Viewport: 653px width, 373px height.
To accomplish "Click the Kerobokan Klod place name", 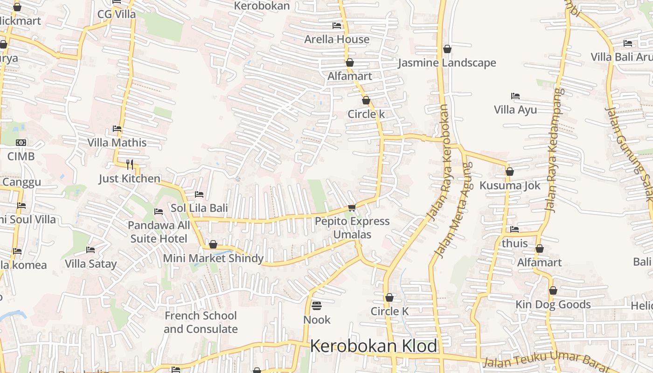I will coord(373,346).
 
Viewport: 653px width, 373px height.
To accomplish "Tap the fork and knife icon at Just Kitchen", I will coord(130,164).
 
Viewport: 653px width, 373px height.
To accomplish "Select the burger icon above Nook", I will coord(317,306).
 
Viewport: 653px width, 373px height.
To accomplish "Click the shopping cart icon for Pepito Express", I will coord(352,207).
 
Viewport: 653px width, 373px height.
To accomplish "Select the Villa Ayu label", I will coord(515,110).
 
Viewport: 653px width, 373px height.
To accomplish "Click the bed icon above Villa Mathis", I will coord(117,129).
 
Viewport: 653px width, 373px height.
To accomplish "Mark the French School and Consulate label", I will coord(201,322).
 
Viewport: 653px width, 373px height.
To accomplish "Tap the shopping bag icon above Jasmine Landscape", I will coord(447,49).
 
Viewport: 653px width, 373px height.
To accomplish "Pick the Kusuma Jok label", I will coord(510,186).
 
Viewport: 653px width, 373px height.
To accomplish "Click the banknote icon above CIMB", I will coord(21,143).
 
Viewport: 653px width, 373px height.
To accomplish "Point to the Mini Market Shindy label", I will coord(213,258).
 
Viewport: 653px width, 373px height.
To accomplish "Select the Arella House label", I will coord(337,39).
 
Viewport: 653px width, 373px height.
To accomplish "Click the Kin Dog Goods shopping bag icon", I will coord(553,290).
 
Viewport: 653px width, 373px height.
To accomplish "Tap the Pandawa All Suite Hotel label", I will coord(159,232).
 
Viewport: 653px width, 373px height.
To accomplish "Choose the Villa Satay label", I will coord(90,264).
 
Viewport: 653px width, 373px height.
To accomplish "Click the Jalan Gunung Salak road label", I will coord(629,154).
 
